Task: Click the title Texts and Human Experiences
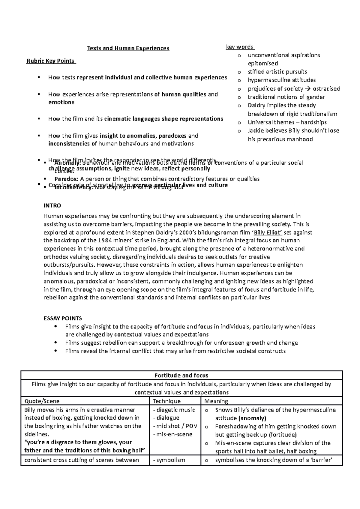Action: (128, 48)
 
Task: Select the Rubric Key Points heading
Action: (50, 61)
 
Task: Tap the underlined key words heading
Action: (240, 47)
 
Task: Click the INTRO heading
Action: (52, 206)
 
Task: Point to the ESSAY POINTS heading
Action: (63, 319)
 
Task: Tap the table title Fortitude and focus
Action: (181, 376)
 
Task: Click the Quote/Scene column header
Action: (42, 401)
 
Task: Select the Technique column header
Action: (167, 401)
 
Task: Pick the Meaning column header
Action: (216, 401)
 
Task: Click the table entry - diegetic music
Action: (174, 410)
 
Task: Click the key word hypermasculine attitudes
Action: (281, 80)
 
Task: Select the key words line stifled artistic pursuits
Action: (277, 72)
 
